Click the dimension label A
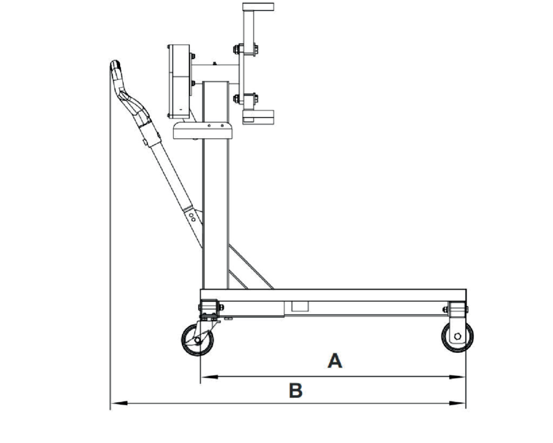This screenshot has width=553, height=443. pos(334,360)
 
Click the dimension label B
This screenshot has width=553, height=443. pos(295,391)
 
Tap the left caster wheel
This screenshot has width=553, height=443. pos(196,339)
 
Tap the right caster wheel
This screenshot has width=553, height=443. pos(457,337)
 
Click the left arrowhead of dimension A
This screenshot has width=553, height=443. pos(206,377)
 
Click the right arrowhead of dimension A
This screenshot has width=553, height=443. pos(460,377)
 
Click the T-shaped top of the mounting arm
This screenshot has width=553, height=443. pos(258,7)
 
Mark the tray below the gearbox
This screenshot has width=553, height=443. pos(202,130)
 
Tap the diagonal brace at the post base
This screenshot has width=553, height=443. pos(247,266)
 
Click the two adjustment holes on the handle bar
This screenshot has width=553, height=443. pos(191,216)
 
